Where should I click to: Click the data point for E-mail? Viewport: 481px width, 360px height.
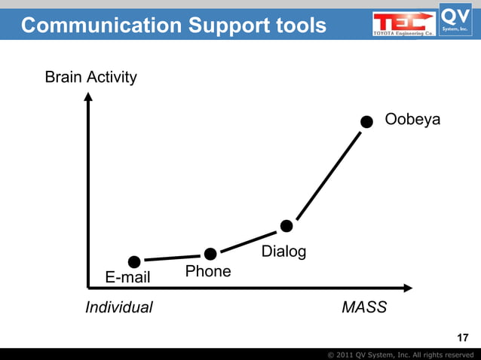click(134, 262)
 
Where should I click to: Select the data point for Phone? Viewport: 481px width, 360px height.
click(210, 254)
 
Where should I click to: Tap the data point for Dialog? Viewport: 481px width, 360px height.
click(286, 226)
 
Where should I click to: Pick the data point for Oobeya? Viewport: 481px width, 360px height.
click(366, 121)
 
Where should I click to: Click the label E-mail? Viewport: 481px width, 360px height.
click(127, 278)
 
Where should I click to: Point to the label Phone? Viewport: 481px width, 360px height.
click(207, 271)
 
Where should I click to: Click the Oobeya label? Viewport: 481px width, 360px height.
click(412, 121)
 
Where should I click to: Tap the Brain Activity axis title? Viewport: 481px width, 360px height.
click(90, 78)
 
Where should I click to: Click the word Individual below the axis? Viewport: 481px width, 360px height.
click(118, 307)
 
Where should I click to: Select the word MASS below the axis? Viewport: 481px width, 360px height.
click(364, 307)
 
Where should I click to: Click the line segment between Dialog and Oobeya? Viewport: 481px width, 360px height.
click(326, 174)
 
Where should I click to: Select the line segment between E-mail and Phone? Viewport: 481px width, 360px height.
click(172, 258)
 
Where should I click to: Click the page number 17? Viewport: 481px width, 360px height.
click(463, 337)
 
